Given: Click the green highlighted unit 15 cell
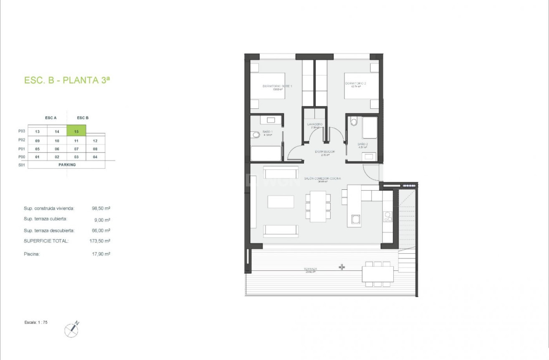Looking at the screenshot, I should (x=76, y=131).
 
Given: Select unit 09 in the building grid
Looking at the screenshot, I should (x=37, y=141).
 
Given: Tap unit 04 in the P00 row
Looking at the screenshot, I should (x=95, y=157).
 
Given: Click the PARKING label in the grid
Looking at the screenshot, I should (x=67, y=165).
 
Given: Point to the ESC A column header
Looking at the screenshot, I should (x=51, y=118).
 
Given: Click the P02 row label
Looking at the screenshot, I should (x=22, y=140).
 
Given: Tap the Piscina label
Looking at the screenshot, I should (x=32, y=254).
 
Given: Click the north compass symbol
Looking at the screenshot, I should (x=72, y=330).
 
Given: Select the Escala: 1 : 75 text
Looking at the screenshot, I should (x=36, y=322).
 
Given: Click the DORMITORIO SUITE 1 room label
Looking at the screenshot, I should (x=277, y=86).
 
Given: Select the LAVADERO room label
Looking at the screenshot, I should (x=315, y=124).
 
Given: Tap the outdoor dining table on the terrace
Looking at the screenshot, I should (x=377, y=274).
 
